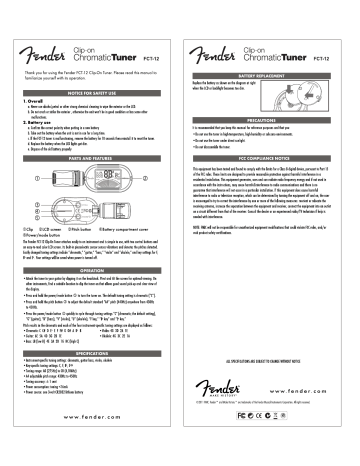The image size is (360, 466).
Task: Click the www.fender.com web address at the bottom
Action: (x=90, y=443)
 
